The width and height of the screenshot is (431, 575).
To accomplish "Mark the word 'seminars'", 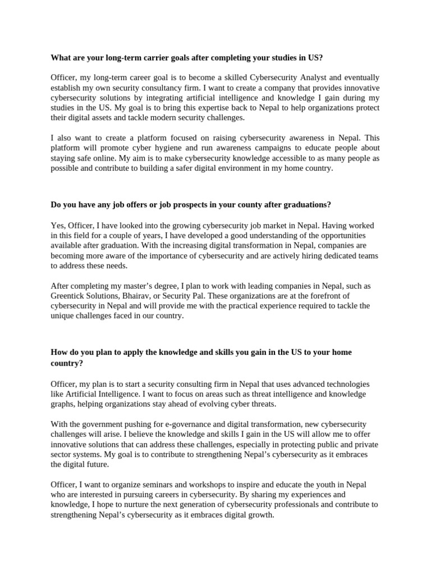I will click(167, 485).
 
